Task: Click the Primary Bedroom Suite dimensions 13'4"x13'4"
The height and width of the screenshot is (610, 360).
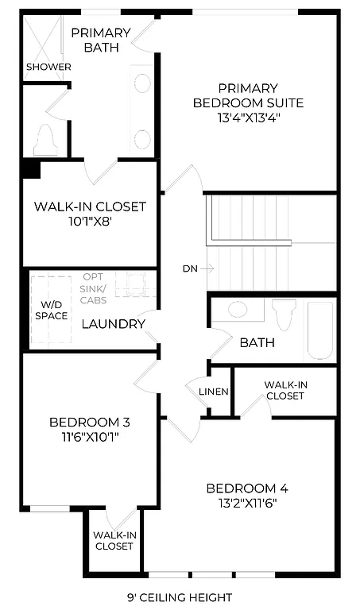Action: pos(248,118)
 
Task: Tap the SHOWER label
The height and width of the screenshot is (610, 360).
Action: pos(48,67)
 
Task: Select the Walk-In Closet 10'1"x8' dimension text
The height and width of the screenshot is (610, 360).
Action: pos(90,222)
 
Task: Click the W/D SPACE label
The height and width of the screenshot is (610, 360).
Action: pos(49,310)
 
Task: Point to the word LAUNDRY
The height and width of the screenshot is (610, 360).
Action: pos(113,324)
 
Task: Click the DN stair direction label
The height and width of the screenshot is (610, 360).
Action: pos(190,268)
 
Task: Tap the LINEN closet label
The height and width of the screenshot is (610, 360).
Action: pos(214,392)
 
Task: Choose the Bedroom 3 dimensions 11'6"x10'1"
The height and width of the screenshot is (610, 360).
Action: pos(89,436)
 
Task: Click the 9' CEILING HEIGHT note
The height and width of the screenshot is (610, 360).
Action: pos(178,597)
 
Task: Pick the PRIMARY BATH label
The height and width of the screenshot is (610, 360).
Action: pos(100,40)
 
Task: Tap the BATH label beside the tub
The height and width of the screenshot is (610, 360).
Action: pos(257,342)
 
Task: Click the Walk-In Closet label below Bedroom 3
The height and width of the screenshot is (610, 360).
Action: pos(114,540)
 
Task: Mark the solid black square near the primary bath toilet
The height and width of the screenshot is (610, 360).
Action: pos(31,169)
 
